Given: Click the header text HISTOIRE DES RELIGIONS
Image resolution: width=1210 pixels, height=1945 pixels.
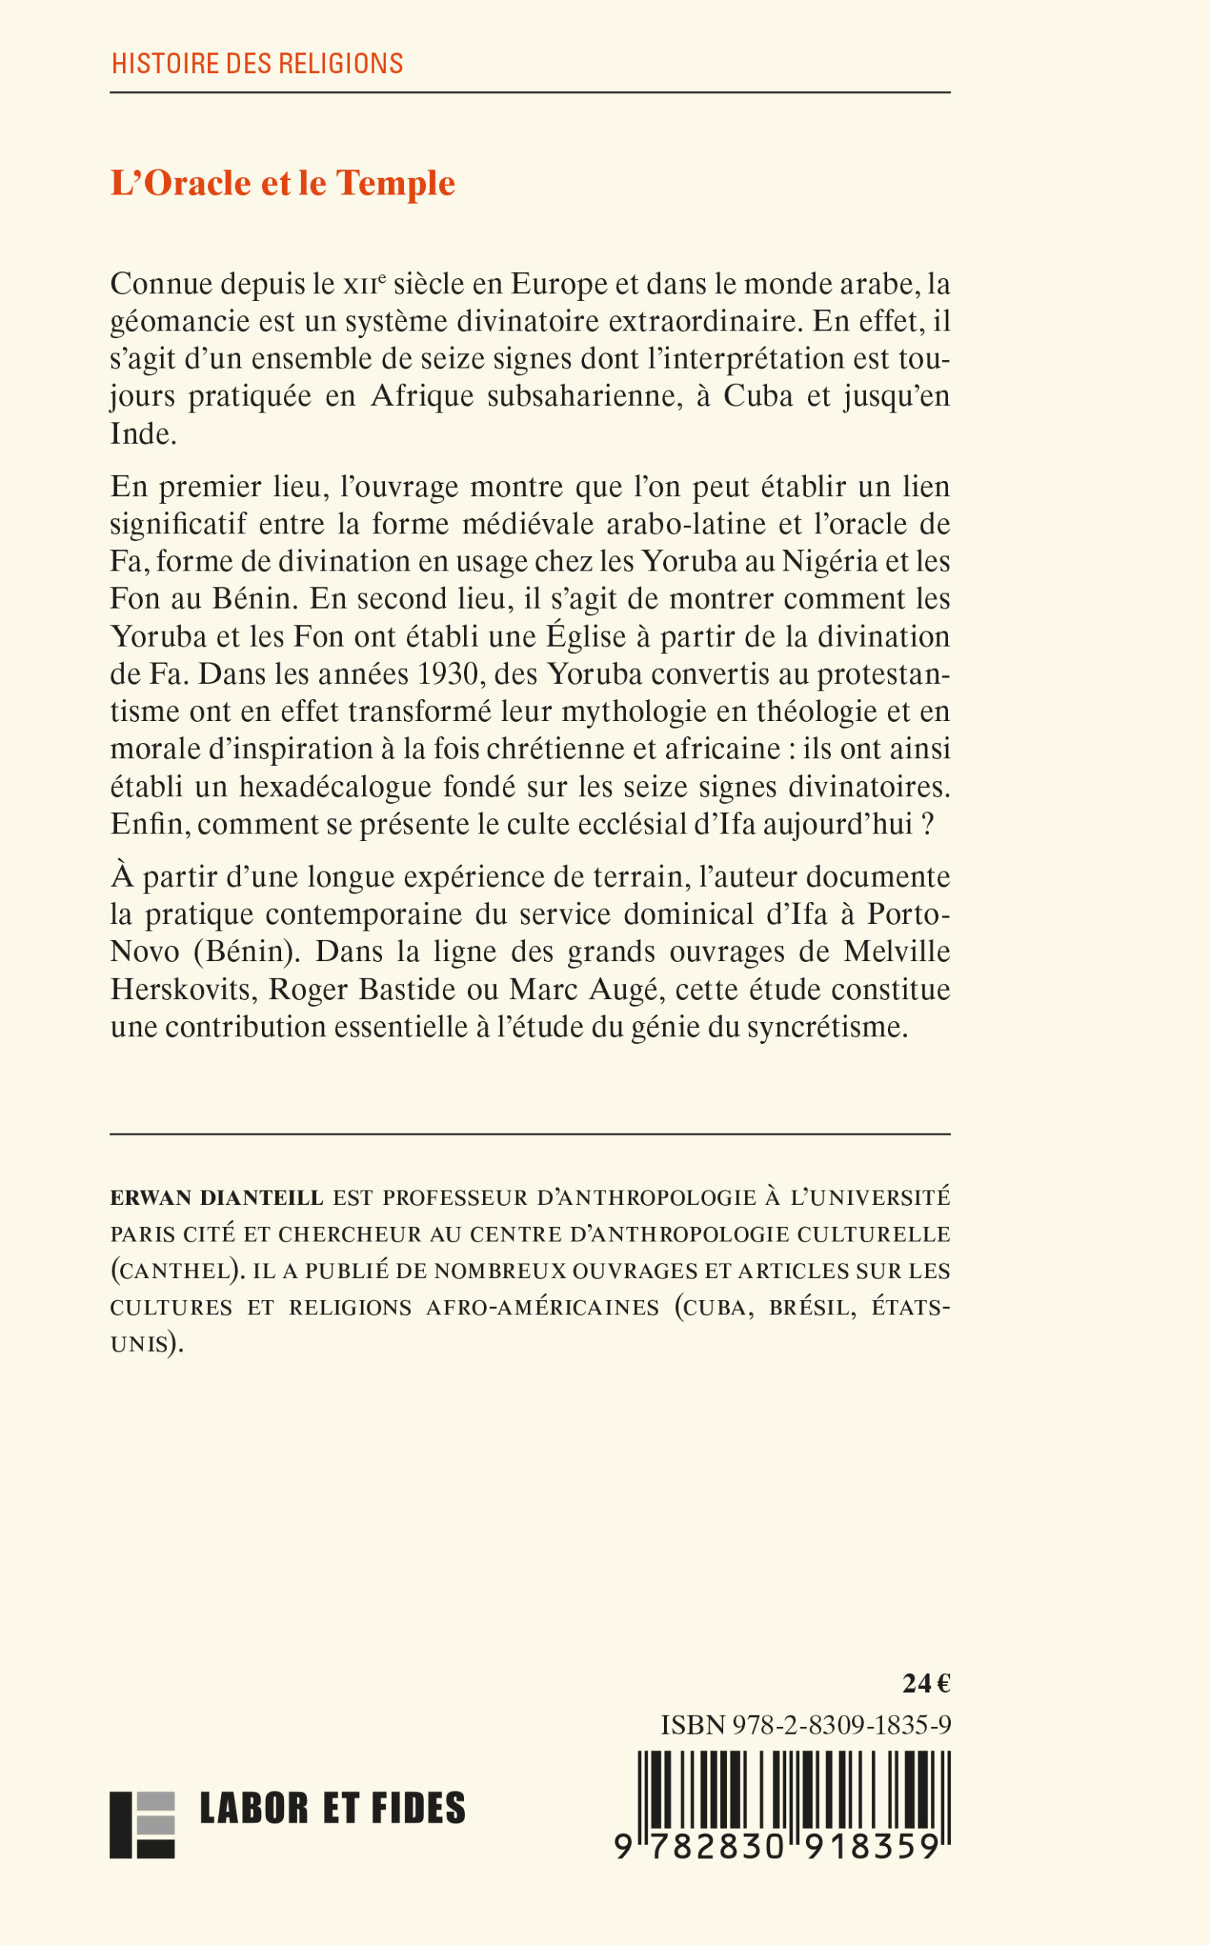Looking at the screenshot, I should click(x=257, y=63).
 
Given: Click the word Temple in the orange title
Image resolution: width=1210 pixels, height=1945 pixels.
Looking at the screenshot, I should click(x=395, y=183).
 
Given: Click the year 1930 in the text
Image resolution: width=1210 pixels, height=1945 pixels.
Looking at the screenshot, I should click(x=448, y=674).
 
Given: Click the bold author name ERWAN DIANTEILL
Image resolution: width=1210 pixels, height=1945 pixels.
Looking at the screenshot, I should click(x=216, y=1198).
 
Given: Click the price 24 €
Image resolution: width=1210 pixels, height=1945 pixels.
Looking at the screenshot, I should click(x=926, y=1684).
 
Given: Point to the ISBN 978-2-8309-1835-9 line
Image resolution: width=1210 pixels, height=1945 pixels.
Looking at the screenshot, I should click(x=805, y=1725).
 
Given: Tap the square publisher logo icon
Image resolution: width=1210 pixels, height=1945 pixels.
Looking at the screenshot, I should click(x=141, y=1825).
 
